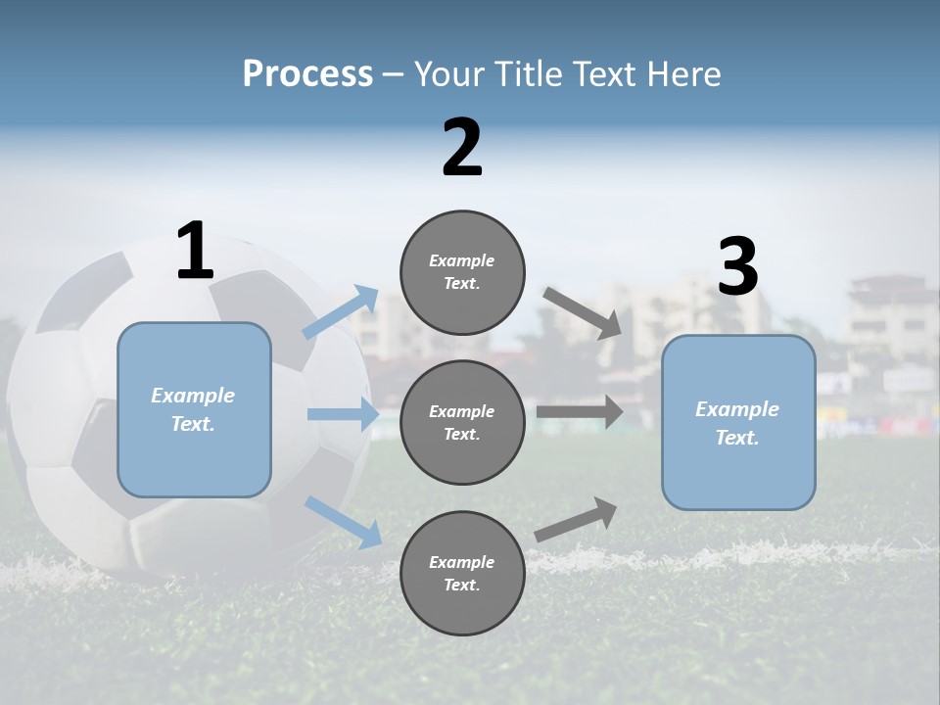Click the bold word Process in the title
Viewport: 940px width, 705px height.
pyautogui.click(x=307, y=74)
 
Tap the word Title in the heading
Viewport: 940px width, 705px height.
pyautogui.click(x=527, y=74)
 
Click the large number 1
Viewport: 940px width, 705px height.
pyautogui.click(x=195, y=252)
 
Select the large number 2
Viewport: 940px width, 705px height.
pyautogui.click(x=462, y=148)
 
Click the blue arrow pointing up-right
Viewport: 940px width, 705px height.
pyautogui.click(x=342, y=312)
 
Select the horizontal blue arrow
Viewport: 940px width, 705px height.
pyautogui.click(x=343, y=414)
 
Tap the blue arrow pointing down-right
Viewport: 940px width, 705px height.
pyautogui.click(x=343, y=521)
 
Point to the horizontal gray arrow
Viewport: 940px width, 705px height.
pyautogui.click(x=580, y=412)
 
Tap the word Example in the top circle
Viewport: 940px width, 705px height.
pyautogui.click(x=462, y=260)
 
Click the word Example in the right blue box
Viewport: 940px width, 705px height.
pyautogui.click(x=737, y=409)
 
